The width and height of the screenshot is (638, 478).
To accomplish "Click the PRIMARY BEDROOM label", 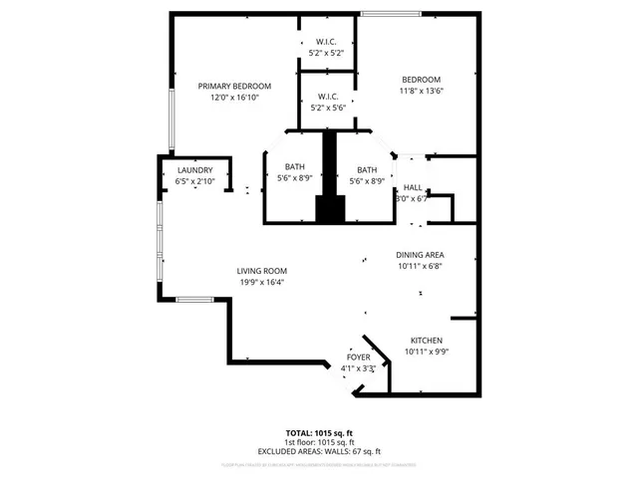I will (x=234, y=86).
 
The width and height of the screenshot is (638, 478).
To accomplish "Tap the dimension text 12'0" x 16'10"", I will (x=234, y=98).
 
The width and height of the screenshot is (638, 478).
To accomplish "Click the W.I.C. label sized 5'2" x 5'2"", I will (x=327, y=42).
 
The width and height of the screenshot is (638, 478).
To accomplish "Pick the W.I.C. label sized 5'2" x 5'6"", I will (x=327, y=97).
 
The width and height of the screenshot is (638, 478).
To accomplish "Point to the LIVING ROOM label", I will (x=262, y=271).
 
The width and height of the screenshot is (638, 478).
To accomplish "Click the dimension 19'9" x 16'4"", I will (x=262, y=282).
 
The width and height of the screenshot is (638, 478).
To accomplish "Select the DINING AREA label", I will (x=420, y=255).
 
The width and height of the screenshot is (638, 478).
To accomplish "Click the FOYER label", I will (x=358, y=358).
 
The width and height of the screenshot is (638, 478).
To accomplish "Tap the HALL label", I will (x=412, y=188).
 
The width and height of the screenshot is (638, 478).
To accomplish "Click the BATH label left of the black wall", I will (x=294, y=168).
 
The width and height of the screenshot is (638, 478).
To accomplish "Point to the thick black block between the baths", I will (x=329, y=179).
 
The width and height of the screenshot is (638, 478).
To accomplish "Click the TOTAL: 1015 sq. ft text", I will (x=319, y=433).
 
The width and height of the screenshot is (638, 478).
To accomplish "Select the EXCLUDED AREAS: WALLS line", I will (x=319, y=451).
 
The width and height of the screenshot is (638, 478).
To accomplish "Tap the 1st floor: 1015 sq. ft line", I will (x=319, y=442).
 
